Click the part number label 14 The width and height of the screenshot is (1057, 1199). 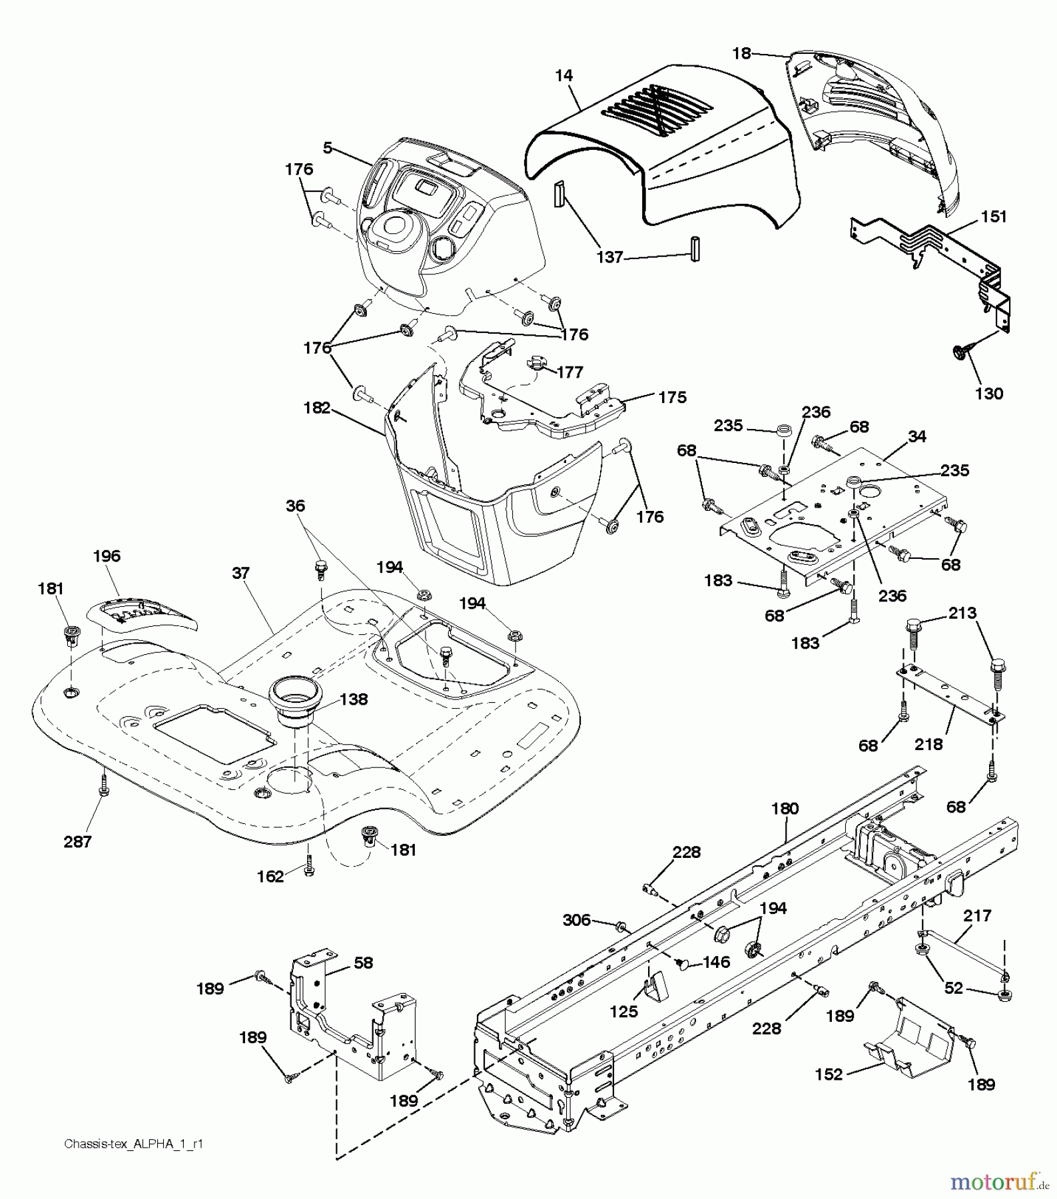pos(563,75)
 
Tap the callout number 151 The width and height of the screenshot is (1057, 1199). pos(993,217)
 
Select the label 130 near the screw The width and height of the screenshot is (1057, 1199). pos(988,394)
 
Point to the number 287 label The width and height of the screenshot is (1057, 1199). pos(77,843)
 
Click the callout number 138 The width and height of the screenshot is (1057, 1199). pos(354,699)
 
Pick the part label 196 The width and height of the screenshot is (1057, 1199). pos(107,556)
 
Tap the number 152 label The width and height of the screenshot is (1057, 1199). pos(829,1074)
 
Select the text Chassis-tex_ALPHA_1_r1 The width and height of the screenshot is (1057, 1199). pos(133,1144)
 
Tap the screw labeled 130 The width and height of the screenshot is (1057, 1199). pos(960,352)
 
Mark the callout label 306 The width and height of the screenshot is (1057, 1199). pos(577,920)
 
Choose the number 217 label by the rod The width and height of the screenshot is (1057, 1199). pos(977,917)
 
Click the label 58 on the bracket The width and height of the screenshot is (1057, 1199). pos(364,963)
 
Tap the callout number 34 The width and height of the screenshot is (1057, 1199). pos(917,436)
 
